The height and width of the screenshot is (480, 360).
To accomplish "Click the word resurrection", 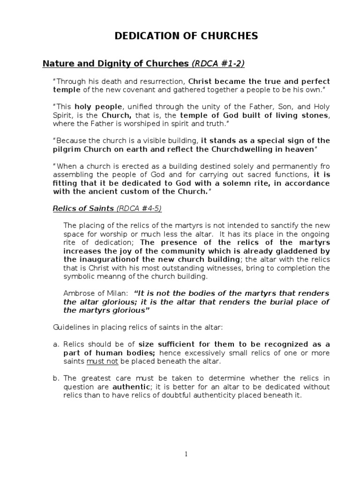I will click(x=161, y=81).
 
